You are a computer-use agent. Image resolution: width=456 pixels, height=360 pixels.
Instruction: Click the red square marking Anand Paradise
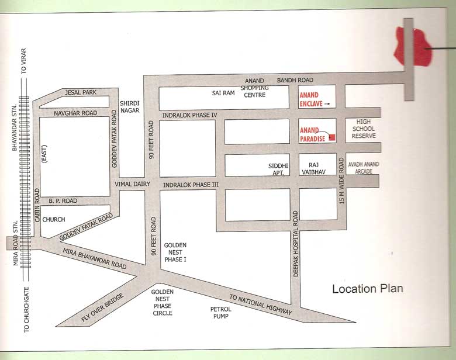point(332,137)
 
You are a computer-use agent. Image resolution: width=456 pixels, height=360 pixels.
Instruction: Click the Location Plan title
point(368,289)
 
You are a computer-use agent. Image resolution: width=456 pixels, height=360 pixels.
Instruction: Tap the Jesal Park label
point(81,92)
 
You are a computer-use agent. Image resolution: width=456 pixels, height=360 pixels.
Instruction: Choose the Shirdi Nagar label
point(129,106)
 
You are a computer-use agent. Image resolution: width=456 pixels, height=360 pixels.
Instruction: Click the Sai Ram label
point(223,92)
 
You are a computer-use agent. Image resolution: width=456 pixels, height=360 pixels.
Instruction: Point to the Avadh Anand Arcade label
point(363,168)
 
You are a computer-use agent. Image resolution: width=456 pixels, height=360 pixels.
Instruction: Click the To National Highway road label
point(260,304)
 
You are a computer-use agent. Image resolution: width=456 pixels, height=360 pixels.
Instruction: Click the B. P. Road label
point(63,200)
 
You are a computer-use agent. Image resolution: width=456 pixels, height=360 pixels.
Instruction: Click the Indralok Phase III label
point(190,184)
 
